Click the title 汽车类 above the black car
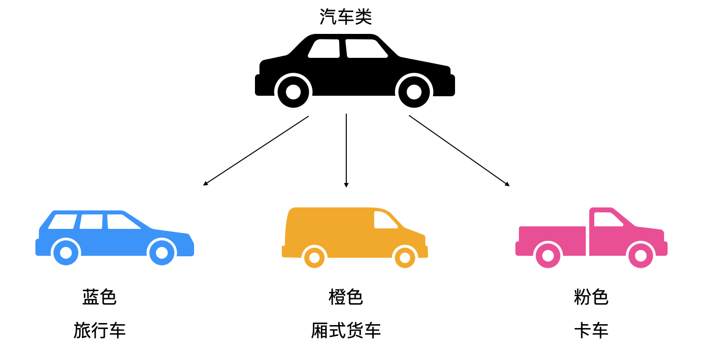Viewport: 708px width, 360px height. coord(346,17)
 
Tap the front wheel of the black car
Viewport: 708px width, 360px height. coord(414,92)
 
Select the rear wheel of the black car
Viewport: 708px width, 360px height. coord(293,92)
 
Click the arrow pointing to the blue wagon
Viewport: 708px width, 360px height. coord(255,151)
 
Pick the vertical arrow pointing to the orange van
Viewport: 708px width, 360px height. coord(346,150)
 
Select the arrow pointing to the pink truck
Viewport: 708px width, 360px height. coord(459,151)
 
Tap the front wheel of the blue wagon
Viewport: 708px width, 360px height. coord(162,253)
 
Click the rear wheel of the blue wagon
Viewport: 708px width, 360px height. coord(66,253)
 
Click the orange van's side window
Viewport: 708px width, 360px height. coord(385,220)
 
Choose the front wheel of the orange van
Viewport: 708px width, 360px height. coord(405,258)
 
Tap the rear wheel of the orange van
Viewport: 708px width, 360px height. coord(314,258)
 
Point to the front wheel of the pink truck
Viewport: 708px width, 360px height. coord(641,255)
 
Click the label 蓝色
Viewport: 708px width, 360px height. coord(99,297)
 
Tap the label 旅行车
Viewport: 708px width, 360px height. coord(99,330)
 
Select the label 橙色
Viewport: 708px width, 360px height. coord(346,297)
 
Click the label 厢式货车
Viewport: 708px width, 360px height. coord(346,330)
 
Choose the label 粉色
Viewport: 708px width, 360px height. coord(591,297)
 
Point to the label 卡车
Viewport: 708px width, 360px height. coord(591,330)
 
